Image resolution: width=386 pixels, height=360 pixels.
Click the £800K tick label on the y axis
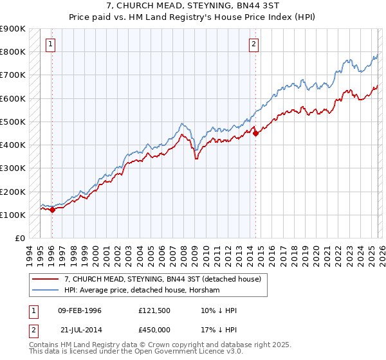[x=13, y=51]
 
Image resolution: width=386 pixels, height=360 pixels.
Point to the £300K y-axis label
[x=13, y=168]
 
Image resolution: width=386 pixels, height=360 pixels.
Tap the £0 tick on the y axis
[x=19, y=239]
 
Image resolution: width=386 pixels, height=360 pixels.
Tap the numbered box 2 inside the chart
[x=254, y=44]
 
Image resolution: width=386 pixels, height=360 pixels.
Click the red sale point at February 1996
[x=53, y=210]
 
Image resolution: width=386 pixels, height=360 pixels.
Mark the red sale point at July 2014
[x=256, y=133]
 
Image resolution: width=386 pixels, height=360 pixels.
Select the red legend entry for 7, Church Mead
[x=162, y=279]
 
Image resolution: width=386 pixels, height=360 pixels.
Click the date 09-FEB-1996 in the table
[x=80, y=310]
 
